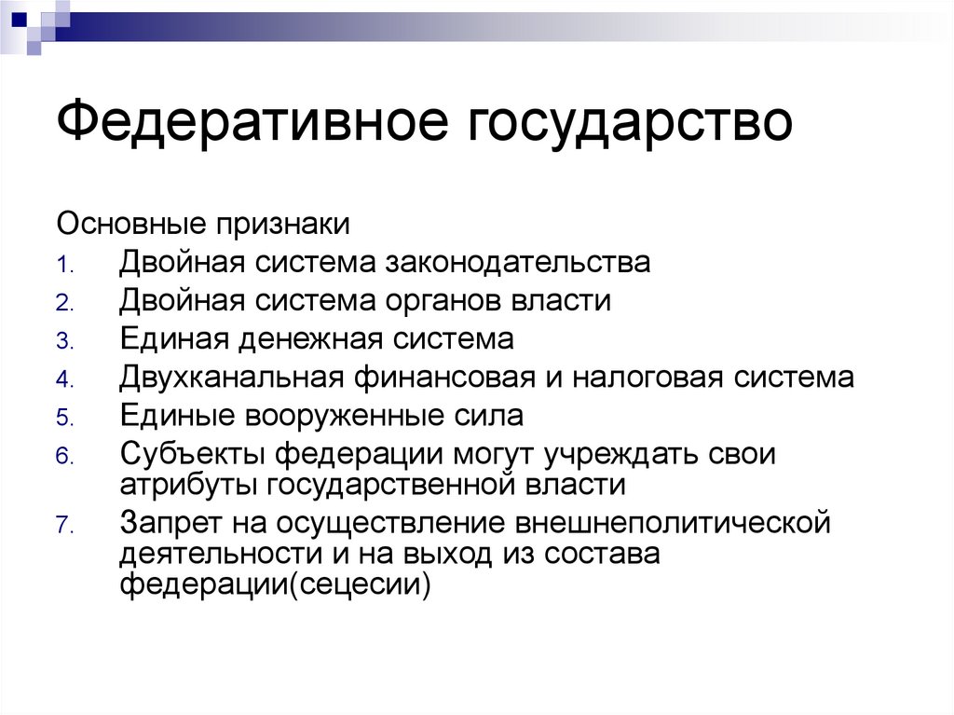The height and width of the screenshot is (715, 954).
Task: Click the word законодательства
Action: pos(516,263)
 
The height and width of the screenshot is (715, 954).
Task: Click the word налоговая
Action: pos(656,378)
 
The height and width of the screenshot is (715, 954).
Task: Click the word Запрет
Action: pos(168,523)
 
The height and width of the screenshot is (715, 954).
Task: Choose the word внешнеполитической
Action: pos(670,523)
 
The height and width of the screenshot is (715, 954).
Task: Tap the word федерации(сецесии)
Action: pos(275,587)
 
